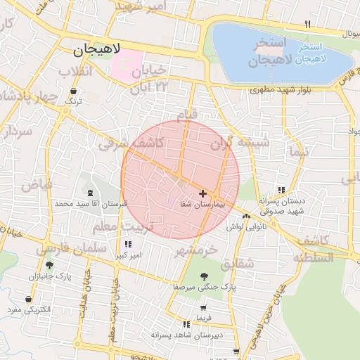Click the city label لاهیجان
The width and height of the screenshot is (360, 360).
pyautogui.click(x=97, y=50)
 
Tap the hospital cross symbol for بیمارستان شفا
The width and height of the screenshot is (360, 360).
pyautogui.click(x=203, y=193)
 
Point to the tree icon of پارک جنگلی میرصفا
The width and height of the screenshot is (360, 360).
pyautogui.click(x=204, y=276)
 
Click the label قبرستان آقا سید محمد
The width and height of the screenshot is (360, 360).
pyautogui.click(x=89, y=204)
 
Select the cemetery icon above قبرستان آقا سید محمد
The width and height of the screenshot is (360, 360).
pyautogui.click(x=89, y=193)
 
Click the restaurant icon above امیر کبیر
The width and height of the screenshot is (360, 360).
pyautogui.click(x=127, y=244)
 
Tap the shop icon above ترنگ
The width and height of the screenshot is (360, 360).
pyautogui.click(x=74, y=91)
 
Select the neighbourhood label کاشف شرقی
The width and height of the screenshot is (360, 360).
pyautogui.click(x=131, y=143)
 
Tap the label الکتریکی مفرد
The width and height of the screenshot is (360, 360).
pyautogui.click(x=30, y=310)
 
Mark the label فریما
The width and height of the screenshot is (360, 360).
pyautogui.click(x=204, y=319)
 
